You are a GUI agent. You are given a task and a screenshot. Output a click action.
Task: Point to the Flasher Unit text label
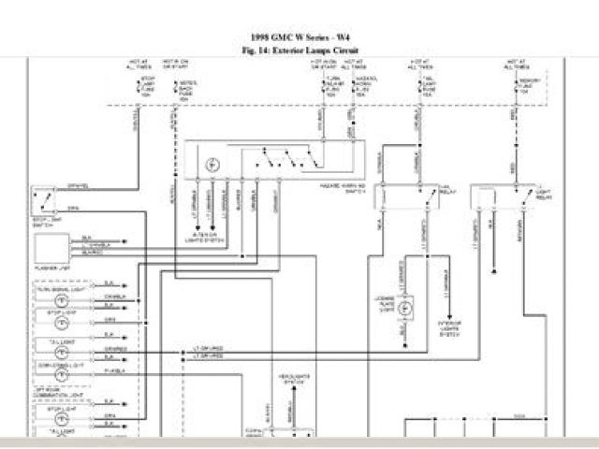pyautogui.click(x=52, y=264)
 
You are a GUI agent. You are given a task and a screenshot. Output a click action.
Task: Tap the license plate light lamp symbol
pyautogui.click(x=405, y=307)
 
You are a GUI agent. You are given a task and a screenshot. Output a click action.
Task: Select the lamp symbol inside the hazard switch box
pyautogui.click(x=212, y=164)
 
